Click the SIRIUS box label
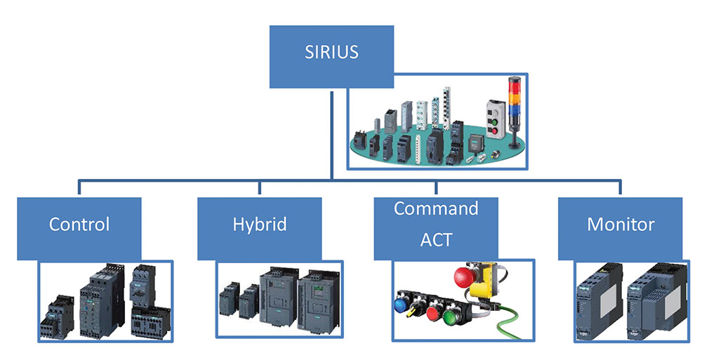click(331, 52)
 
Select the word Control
click(79, 224)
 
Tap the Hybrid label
click(260, 225)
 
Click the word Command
click(436, 208)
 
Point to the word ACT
click(436, 239)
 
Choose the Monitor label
click(621, 224)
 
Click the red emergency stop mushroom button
click(465, 276)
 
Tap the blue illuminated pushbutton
click(400, 305)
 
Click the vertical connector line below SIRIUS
click(331, 135)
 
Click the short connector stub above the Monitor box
click(620, 187)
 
